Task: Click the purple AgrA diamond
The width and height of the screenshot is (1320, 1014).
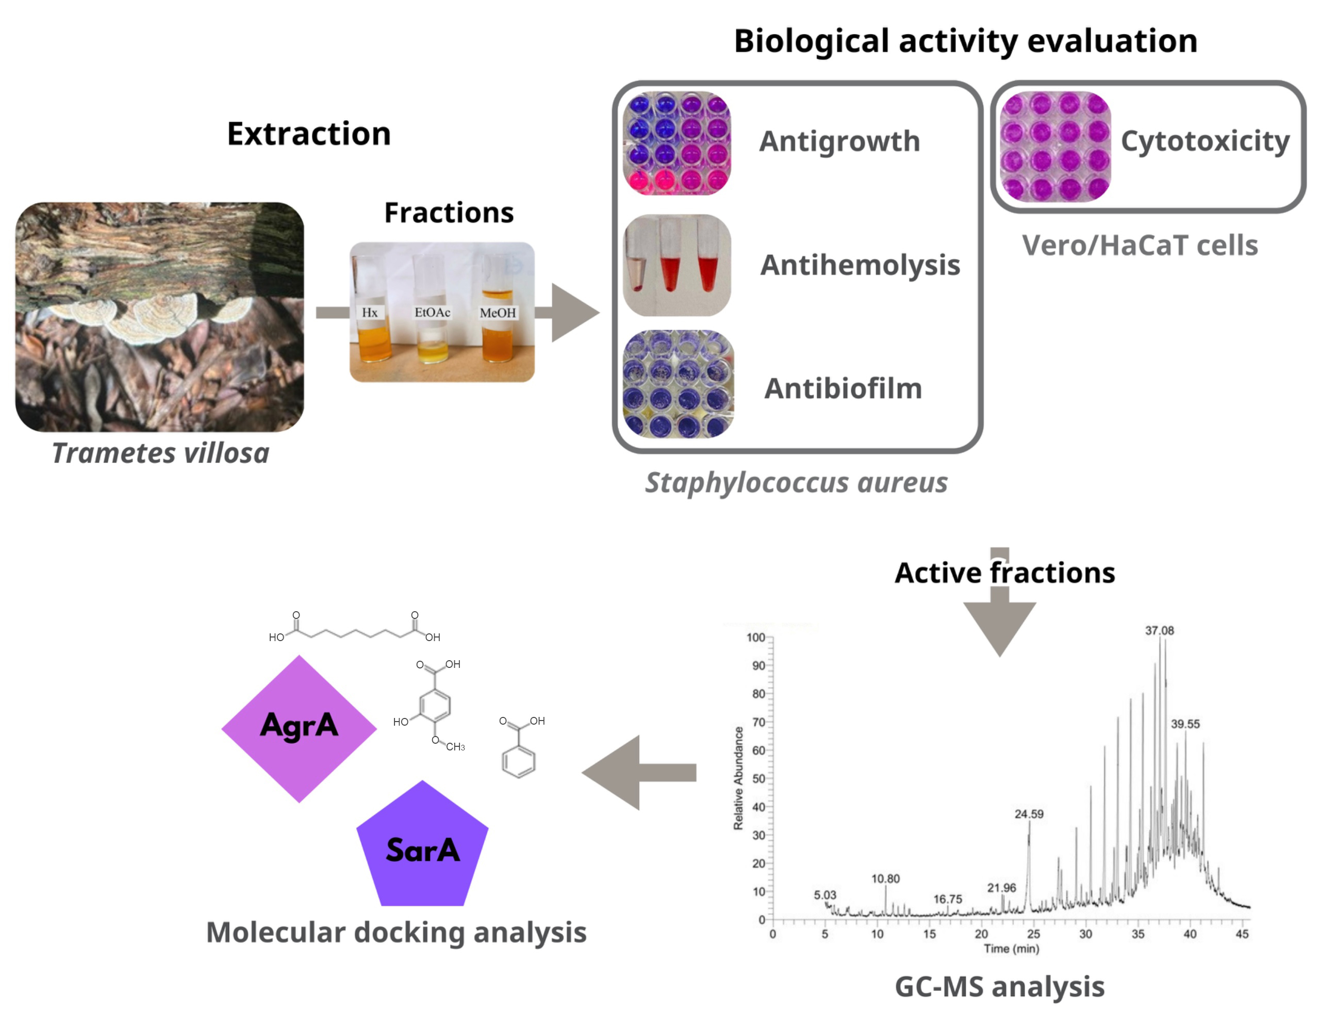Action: coord(299,728)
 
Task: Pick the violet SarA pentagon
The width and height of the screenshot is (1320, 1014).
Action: coord(422,848)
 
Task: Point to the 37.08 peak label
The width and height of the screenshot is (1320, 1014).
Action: coord(1159,631)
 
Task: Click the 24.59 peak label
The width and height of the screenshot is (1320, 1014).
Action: coord(1028,813)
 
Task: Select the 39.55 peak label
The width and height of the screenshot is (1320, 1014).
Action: coord(1185,724)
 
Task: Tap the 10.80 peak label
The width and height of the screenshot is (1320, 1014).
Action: coord(885,879)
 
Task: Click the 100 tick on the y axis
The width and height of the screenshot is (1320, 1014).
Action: coord(755,637)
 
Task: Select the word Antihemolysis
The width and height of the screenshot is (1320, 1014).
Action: coord(860,265)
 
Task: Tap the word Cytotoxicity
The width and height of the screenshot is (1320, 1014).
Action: coord(1205,141)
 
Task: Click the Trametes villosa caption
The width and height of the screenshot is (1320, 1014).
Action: coord(160,453)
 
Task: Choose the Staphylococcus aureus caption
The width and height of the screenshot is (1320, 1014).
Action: coord(796,483)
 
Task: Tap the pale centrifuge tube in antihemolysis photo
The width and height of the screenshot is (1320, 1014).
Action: coord(636,266)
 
